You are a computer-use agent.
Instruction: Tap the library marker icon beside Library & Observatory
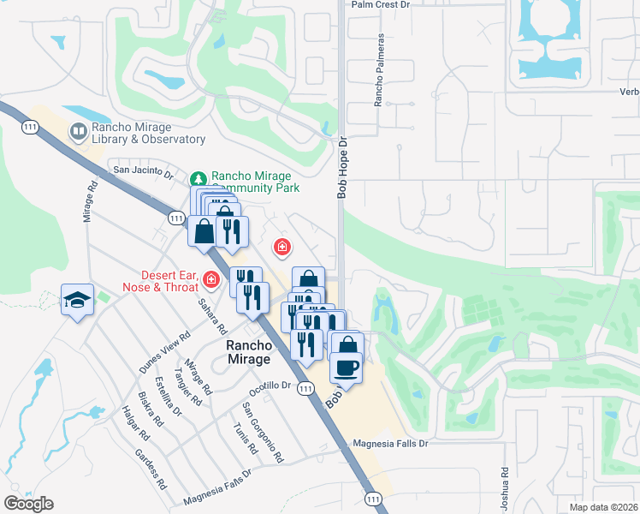[x=78, y=131]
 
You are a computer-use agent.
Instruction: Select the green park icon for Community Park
[x=199, y=179]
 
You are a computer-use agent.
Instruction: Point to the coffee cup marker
[x=347, y=367]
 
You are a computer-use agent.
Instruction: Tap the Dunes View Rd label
[x=163, y=352]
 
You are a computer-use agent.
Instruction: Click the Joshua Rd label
[x=505, y=485]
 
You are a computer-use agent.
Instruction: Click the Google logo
[x=29, y=504]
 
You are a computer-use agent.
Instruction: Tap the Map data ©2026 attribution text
[x=604, y=507]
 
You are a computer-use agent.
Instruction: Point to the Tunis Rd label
[x=245, y=437]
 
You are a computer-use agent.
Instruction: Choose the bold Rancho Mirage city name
[x=249, y=352]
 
